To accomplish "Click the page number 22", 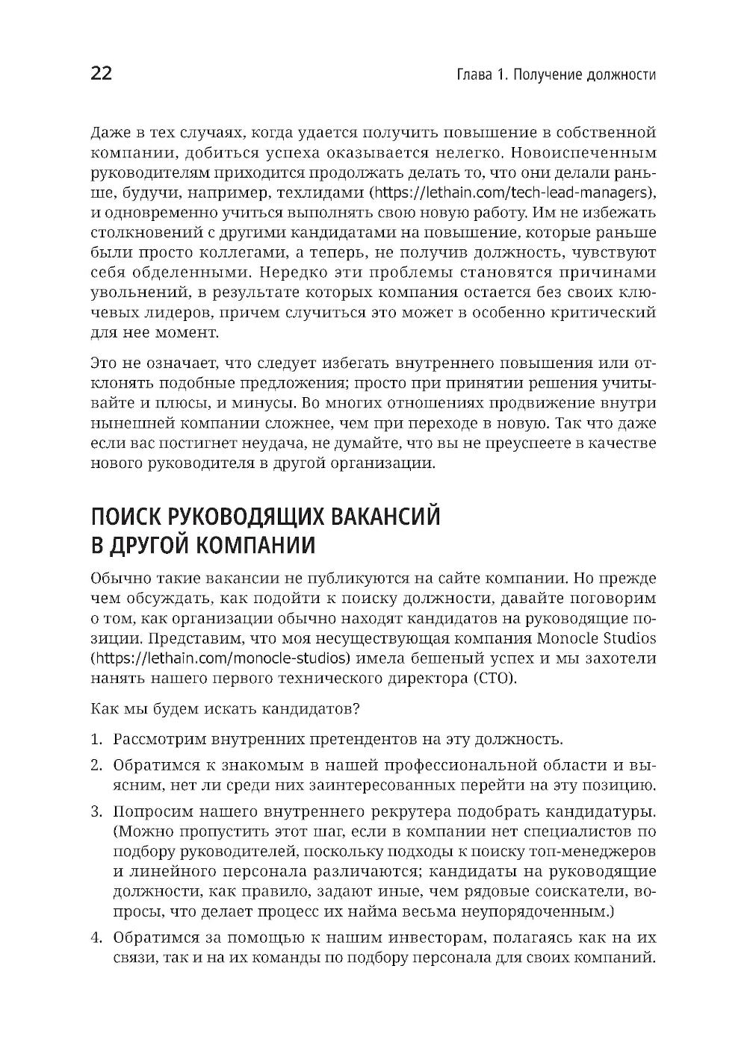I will coord(101,74).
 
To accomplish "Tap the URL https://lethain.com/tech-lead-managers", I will coord(511,193).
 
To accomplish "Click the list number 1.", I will coord(95,740).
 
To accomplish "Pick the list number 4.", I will coord(96,938).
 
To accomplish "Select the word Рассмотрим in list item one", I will coord(158,740).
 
